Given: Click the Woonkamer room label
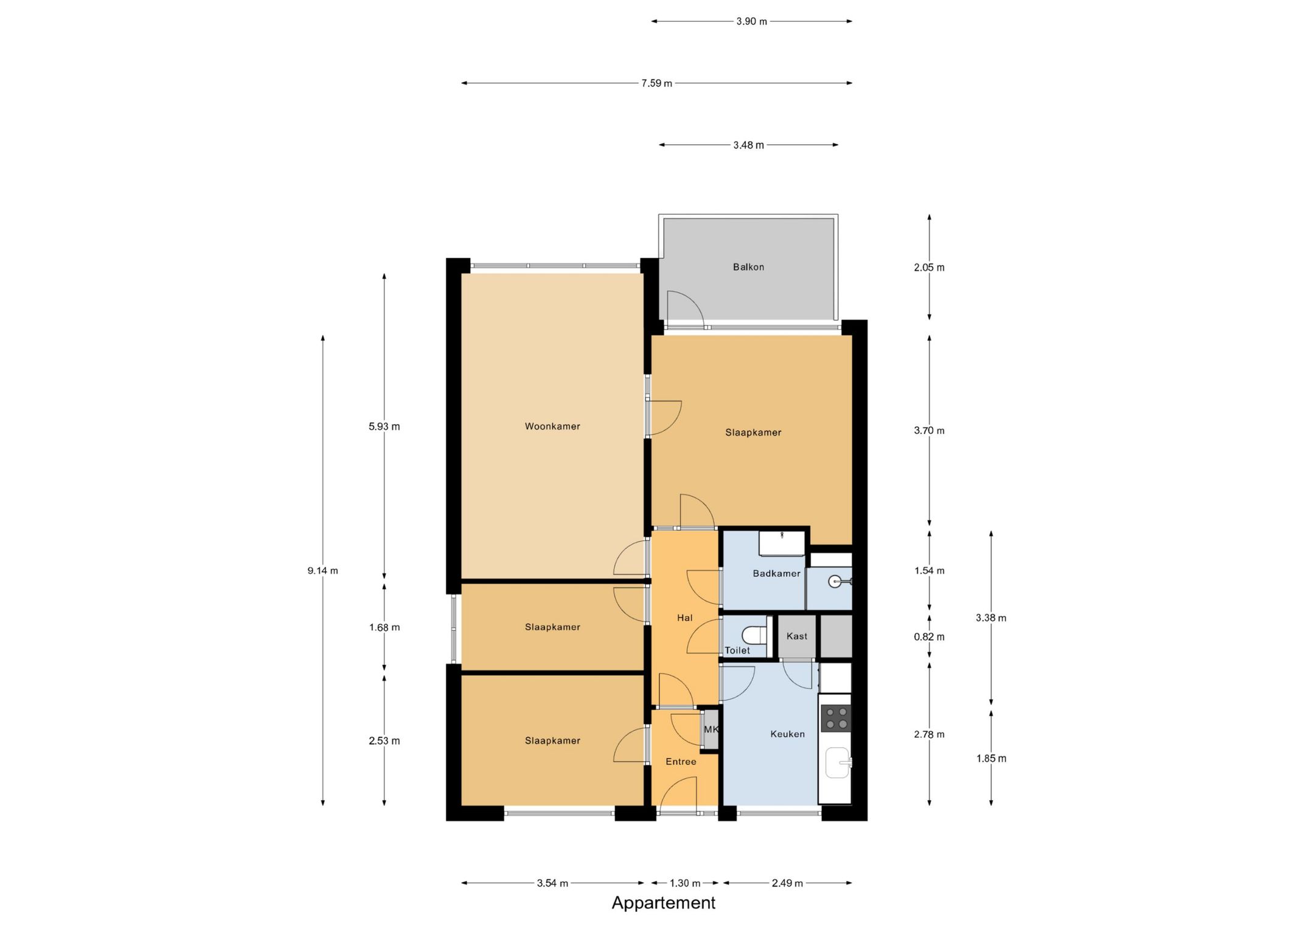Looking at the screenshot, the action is [x=552, y=426].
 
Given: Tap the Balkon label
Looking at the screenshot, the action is [x=748, y=267].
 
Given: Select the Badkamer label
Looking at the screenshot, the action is [x=776, y=573].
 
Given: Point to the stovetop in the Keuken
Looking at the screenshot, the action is [x=836, y=718].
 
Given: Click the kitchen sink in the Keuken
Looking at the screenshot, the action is [x=838, y=763].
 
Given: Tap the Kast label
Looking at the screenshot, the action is [x=797, y=636].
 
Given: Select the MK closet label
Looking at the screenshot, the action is [x=711, y=729].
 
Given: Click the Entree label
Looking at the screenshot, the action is [x=681, y=762].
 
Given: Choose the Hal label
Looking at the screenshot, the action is [x=685, y=618].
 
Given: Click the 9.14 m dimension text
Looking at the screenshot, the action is [x=322, y=571].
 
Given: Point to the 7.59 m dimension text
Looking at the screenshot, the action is [x=656, y=83].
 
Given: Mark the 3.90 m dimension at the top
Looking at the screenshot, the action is [x=751, y=21].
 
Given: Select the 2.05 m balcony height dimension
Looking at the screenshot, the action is [x=929, y=268].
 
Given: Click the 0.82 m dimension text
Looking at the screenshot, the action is [x=929, y=637].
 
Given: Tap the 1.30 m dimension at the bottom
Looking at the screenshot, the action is [x=685, y=883].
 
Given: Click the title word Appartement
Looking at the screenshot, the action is [x=663, y=903].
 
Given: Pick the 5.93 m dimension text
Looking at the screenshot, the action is [x=384, y=426].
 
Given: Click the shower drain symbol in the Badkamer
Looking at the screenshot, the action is [x=835, y=582].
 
